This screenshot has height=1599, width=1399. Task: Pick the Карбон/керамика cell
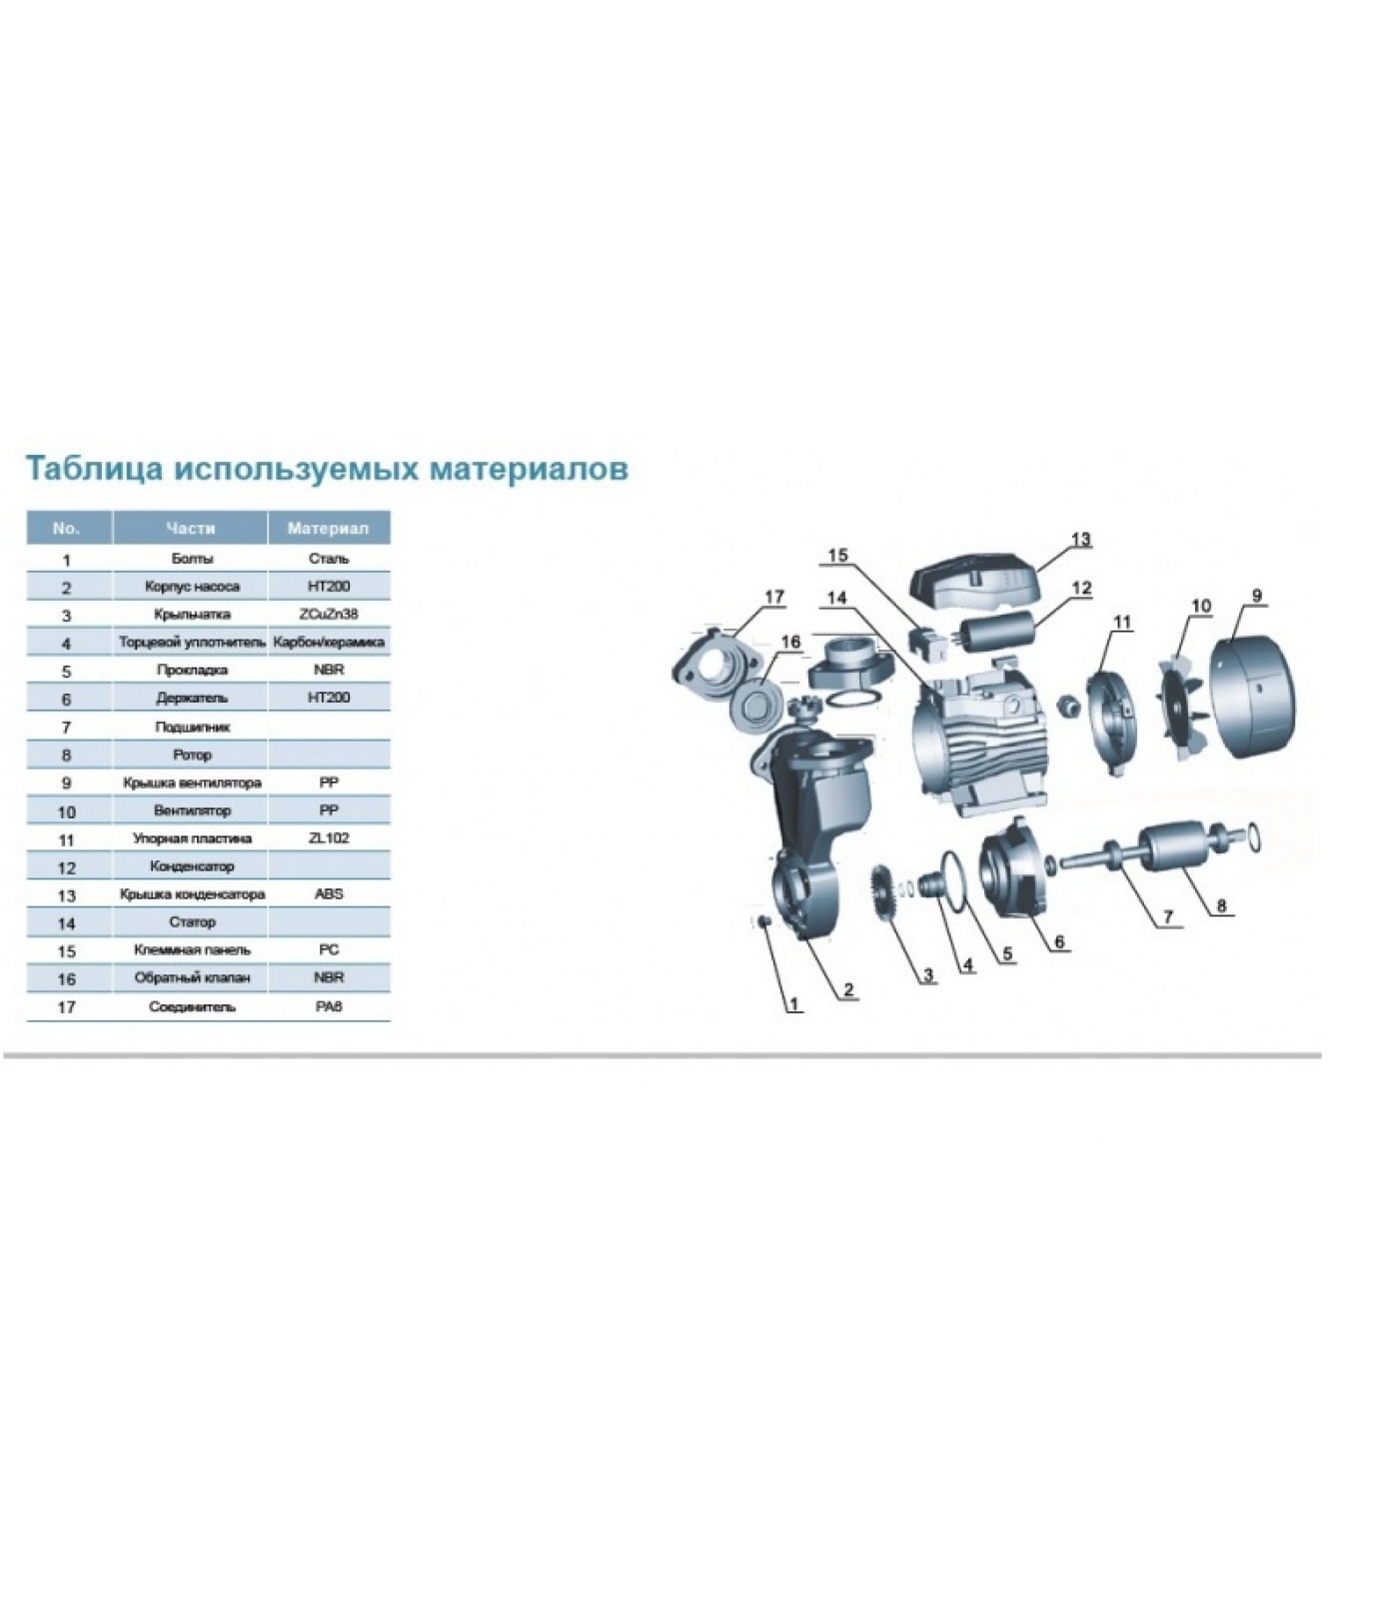click(329, 642)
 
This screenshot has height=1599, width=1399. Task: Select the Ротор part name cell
click(191, 755)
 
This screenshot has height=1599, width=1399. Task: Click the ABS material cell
click(329, 893)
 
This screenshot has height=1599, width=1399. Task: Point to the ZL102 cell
click(329, 837)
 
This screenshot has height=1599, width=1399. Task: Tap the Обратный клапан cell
click(191, 977)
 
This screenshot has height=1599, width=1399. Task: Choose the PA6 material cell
click(329, 1006)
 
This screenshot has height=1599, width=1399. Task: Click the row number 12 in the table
click(67, 867)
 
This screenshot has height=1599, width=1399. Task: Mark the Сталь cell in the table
click(329, 558)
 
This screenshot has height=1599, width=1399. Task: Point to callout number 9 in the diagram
click(1256, 596)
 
